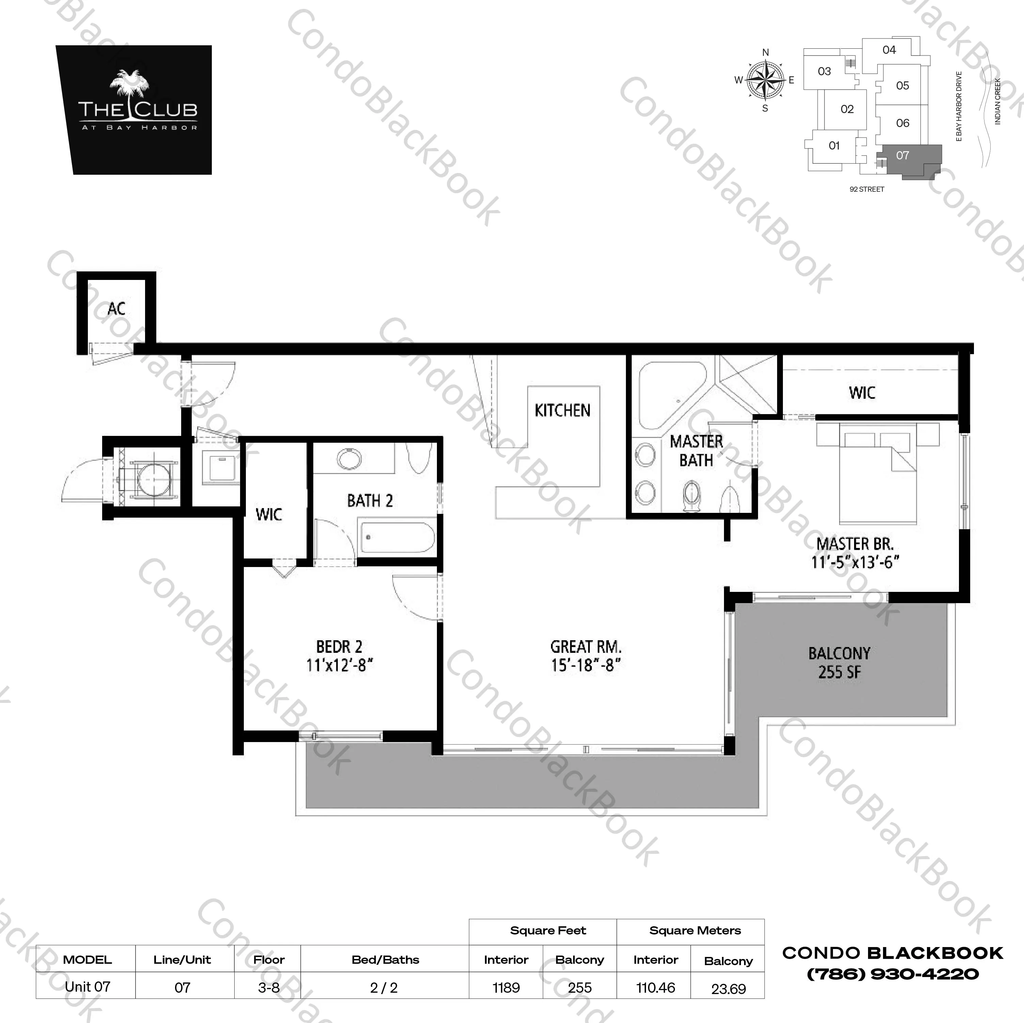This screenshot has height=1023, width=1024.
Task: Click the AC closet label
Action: pyautogui.click(x=116, y=309)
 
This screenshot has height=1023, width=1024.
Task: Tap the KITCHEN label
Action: pyautogui.click(x=562, y=410)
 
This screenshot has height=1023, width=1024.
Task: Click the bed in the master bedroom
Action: pyautogui.click(x=877, y=477)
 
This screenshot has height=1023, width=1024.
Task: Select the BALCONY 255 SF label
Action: pyautogui.click(x=839, y=663)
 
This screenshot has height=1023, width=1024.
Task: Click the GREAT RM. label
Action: pyautogui.click(x=586, y=647)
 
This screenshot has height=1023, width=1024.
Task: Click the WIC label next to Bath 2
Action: pyautogui.click(x=268, y=514)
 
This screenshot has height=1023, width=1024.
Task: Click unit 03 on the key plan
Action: pyautogui.click(x=824, y=72)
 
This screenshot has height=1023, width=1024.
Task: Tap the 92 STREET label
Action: pyautogui.click(x=867, y=189)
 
